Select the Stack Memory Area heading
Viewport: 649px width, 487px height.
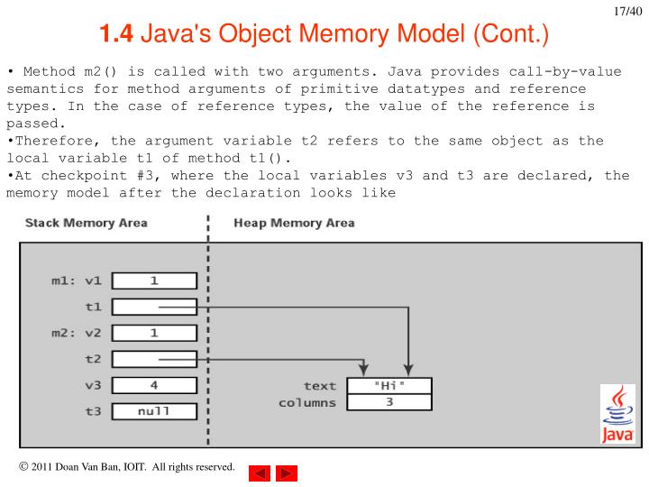click(x=86, y=223)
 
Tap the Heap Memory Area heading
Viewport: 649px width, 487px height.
click(x=294, y=223)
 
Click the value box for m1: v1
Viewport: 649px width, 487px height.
click(x=154, y=280)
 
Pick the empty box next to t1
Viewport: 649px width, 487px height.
click(x=154, y=307)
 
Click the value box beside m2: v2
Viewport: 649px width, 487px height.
click(x=154, y=333)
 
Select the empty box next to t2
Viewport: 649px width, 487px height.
click(x=154, y=359)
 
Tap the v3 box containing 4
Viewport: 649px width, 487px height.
click(x=154, y=385)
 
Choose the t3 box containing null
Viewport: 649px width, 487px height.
click(x=154, y=411)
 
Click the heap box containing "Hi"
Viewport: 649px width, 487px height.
click(x=389, y=386)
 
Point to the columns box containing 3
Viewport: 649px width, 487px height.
click(x=389, y=402)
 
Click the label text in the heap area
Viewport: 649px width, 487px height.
click(x=319, y=386)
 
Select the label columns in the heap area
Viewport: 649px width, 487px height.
click(x=307, y=402)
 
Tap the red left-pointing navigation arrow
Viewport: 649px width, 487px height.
click(x=259, y=473)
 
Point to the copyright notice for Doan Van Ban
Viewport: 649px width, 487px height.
click(x=126, y=467)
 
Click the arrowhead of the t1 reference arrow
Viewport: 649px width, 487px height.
click(x=408, y=371)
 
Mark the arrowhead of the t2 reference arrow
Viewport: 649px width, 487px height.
click(x=363, y=371)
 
